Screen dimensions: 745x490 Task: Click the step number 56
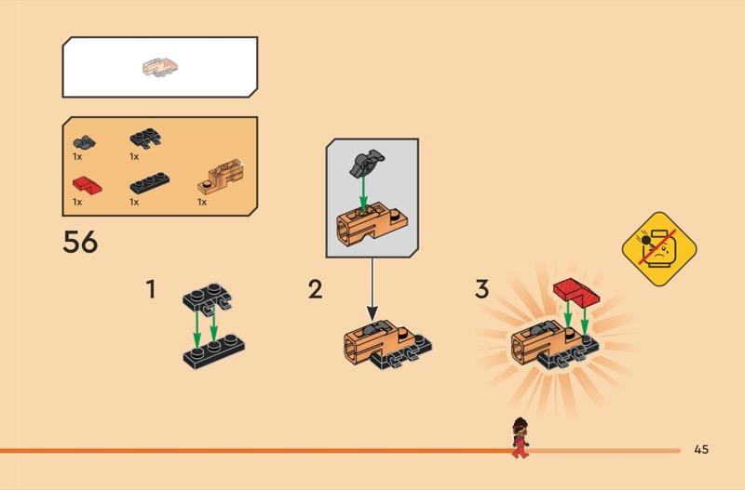[80, 242]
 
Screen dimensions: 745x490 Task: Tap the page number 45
[701, 449]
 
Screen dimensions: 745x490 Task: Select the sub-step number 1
[151, 289]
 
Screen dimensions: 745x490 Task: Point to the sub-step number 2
[316, 289]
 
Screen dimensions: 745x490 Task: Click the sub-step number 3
[481, 289]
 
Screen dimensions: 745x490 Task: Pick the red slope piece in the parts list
[87, 185]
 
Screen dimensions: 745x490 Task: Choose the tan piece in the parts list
[221, 177]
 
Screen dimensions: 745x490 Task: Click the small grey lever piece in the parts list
[84, 141]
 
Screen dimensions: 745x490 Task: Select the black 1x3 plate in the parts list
[150, 183]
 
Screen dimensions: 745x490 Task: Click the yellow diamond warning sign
[659, 249]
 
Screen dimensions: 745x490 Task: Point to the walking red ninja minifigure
[521, 437]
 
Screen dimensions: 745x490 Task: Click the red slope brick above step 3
[576, 292]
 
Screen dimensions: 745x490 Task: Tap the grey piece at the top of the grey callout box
[366, 163]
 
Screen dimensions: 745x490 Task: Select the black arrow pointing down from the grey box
[372, 289]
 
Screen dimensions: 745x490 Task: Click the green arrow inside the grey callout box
[363, 193]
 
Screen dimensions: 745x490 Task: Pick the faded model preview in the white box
[160, 67]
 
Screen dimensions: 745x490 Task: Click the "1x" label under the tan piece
[202, 202]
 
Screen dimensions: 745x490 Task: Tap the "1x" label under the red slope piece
[77, 202]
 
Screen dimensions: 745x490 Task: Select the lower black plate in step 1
[214, 351]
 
